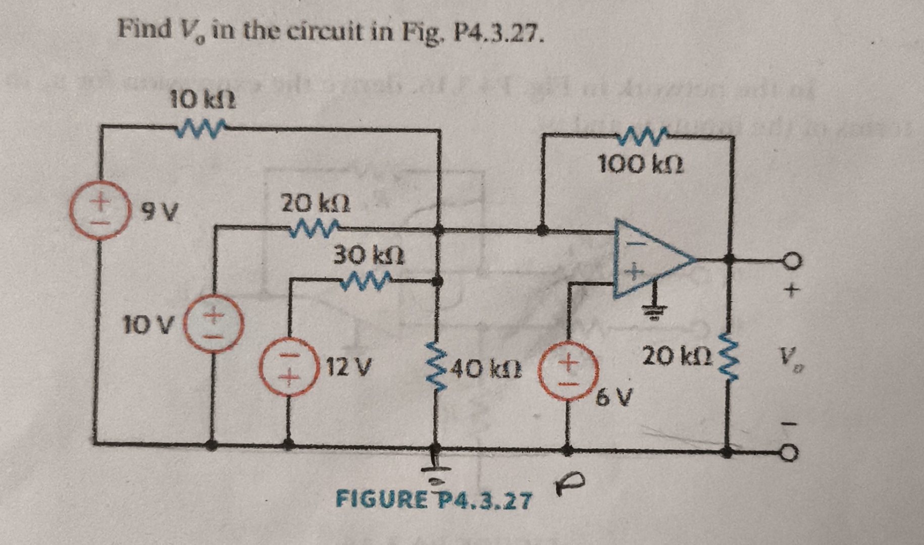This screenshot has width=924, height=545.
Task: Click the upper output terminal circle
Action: point(791,260)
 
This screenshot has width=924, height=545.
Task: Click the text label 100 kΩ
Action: point(641,165)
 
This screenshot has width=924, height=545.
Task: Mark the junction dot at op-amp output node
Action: point(729,259)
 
